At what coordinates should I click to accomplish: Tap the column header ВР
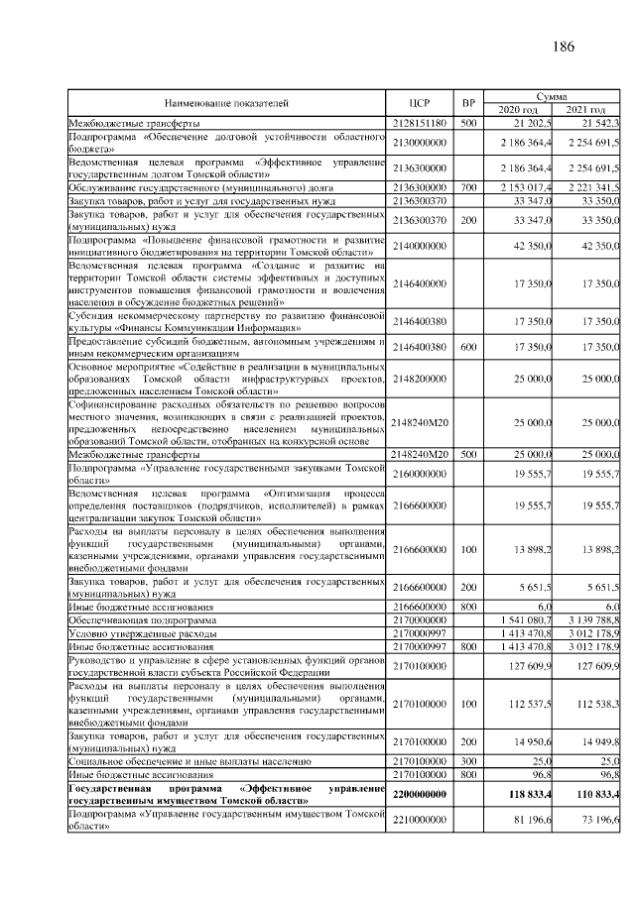[469, 102]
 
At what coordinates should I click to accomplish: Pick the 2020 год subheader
[517, 109]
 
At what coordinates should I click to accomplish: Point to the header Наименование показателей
[226, 102]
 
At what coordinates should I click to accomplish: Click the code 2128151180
[421, 123]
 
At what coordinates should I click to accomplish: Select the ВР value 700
[469, 186]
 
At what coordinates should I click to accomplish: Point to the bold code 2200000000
[421, 794]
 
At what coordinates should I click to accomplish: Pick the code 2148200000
[421, 378]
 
